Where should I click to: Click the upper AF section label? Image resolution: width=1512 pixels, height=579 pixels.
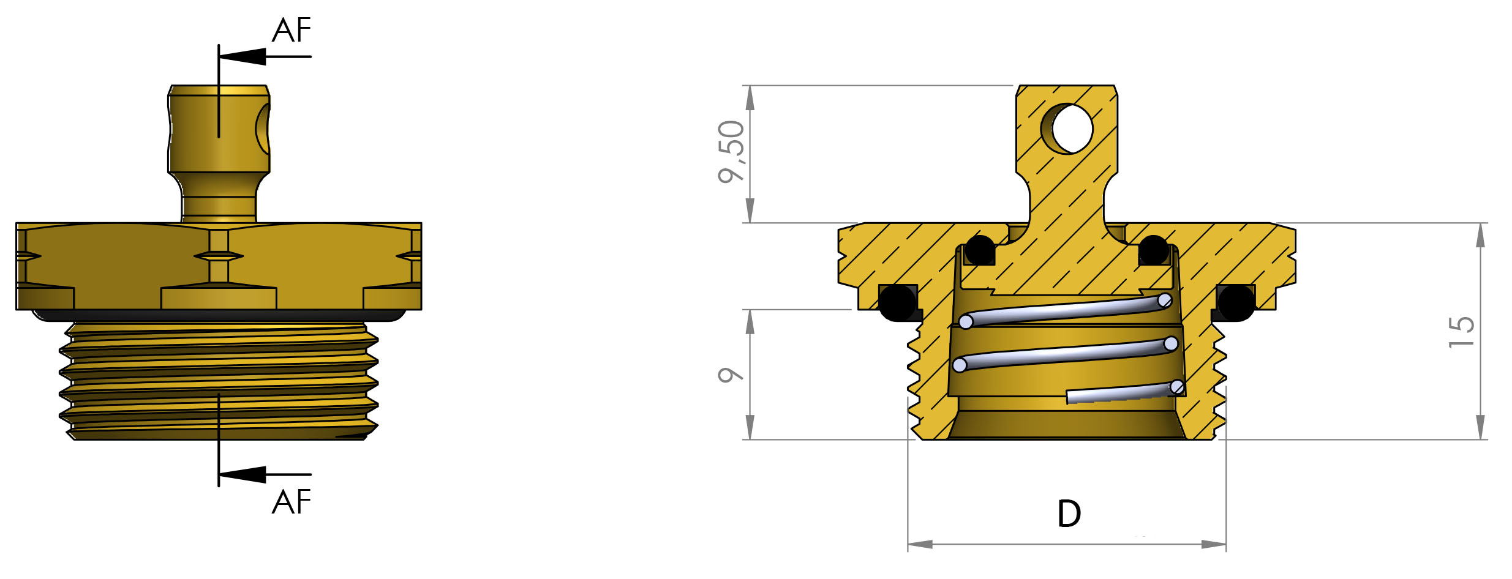[x=291, y=31]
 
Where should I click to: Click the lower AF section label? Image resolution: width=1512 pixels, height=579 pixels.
[x=291, y=502]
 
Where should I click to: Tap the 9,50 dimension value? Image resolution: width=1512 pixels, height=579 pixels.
[x=731, y=152]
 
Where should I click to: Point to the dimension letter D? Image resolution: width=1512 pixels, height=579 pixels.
[x=1069, y=514]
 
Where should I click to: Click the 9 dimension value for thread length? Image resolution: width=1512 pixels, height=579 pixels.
[x=730, y=375]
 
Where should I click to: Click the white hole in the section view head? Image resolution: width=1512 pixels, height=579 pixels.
[x=1072, y=129]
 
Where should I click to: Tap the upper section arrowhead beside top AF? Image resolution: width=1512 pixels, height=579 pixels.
[x=243, y=56]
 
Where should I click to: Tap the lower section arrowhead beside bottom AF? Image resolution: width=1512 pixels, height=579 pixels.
[x=243, y=474]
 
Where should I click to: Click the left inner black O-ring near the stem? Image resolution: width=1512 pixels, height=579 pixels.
[x=980, y=250]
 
